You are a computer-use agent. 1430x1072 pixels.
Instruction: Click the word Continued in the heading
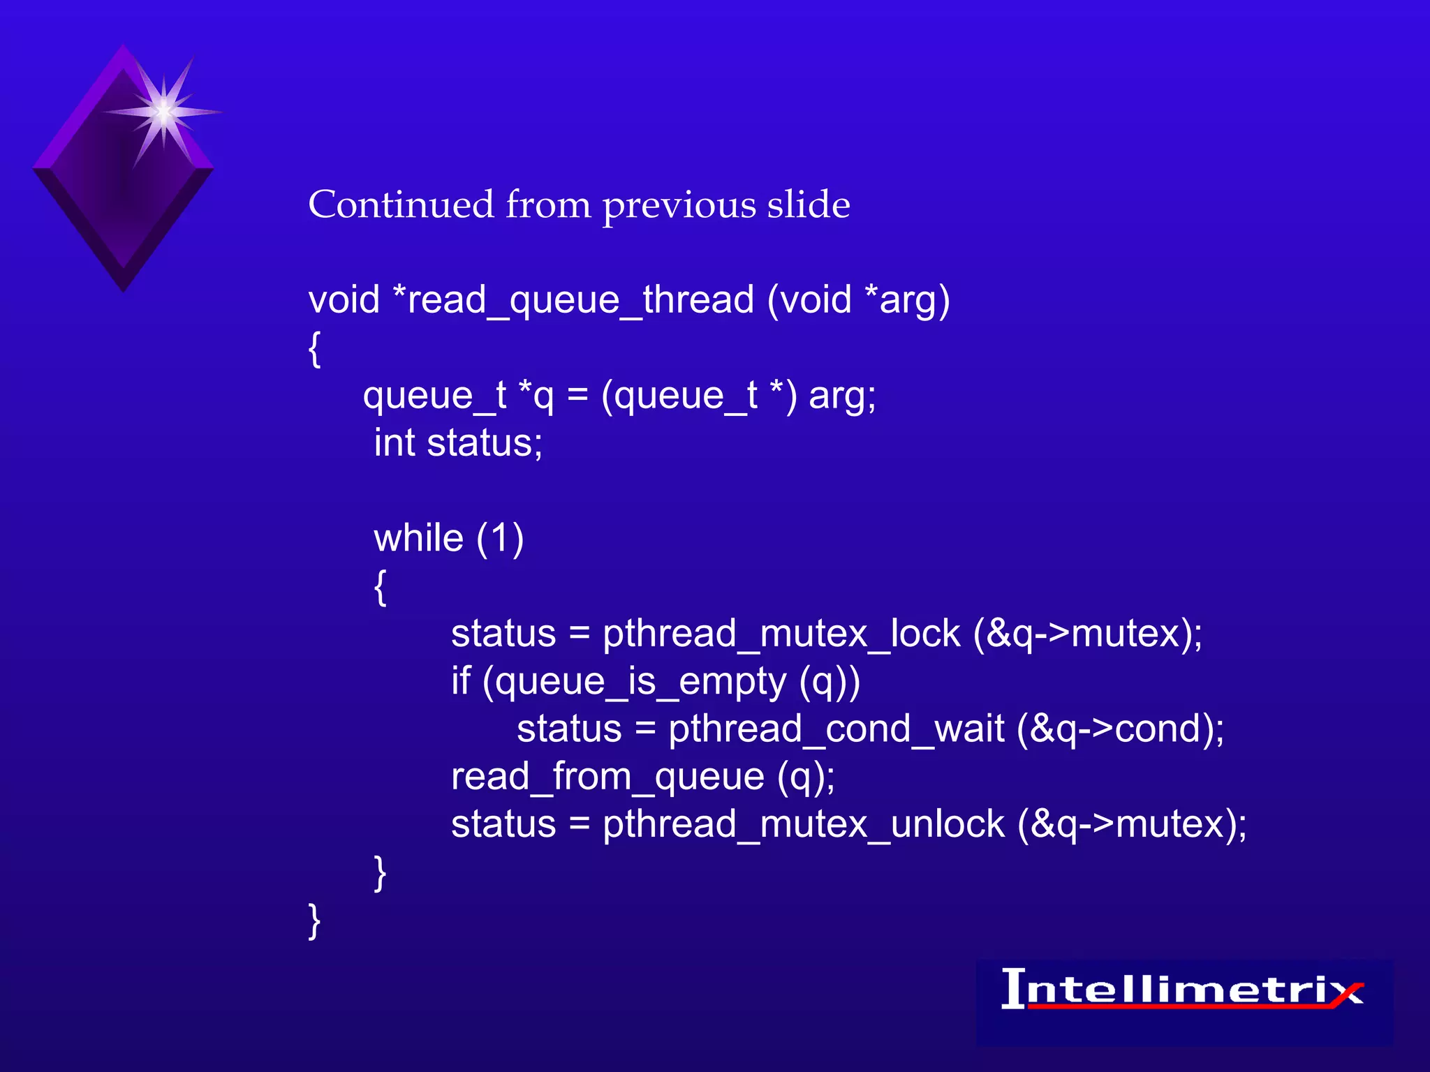tap(401, 205)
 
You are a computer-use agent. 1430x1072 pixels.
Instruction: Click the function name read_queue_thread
tap(580, 301)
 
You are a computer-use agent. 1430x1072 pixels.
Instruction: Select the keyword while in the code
tap(418, 539)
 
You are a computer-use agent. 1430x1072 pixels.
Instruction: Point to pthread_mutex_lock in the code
tap(781, 634)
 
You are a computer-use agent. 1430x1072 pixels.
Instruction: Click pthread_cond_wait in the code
tap(836, 730)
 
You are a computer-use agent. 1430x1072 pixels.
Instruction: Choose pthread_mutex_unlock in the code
tap(803, 825)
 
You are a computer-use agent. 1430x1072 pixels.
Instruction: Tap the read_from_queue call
tap(607, 777)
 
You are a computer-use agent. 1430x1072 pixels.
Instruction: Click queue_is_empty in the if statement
tap(640, 682)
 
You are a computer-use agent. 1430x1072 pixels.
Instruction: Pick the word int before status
tap(395, 444)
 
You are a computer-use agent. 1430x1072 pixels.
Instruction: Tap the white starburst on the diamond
tap(163, 112)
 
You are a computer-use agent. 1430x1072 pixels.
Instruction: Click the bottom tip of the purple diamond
tap(124, 288)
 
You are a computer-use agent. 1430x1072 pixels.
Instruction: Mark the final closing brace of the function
tap(314, 921)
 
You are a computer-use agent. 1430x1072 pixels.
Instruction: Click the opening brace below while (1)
tap(380, 588)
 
